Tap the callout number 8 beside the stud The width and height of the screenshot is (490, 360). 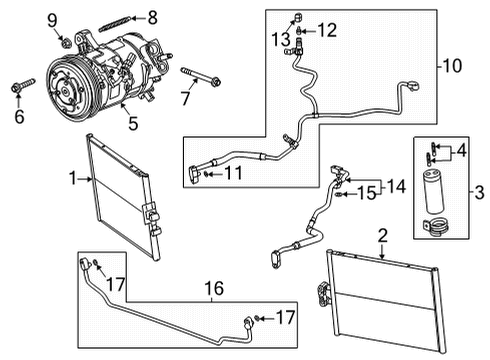[x=153, y=16]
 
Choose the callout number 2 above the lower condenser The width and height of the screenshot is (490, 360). [x=382, y=236]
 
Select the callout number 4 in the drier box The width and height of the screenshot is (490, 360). [x=461, y=152]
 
